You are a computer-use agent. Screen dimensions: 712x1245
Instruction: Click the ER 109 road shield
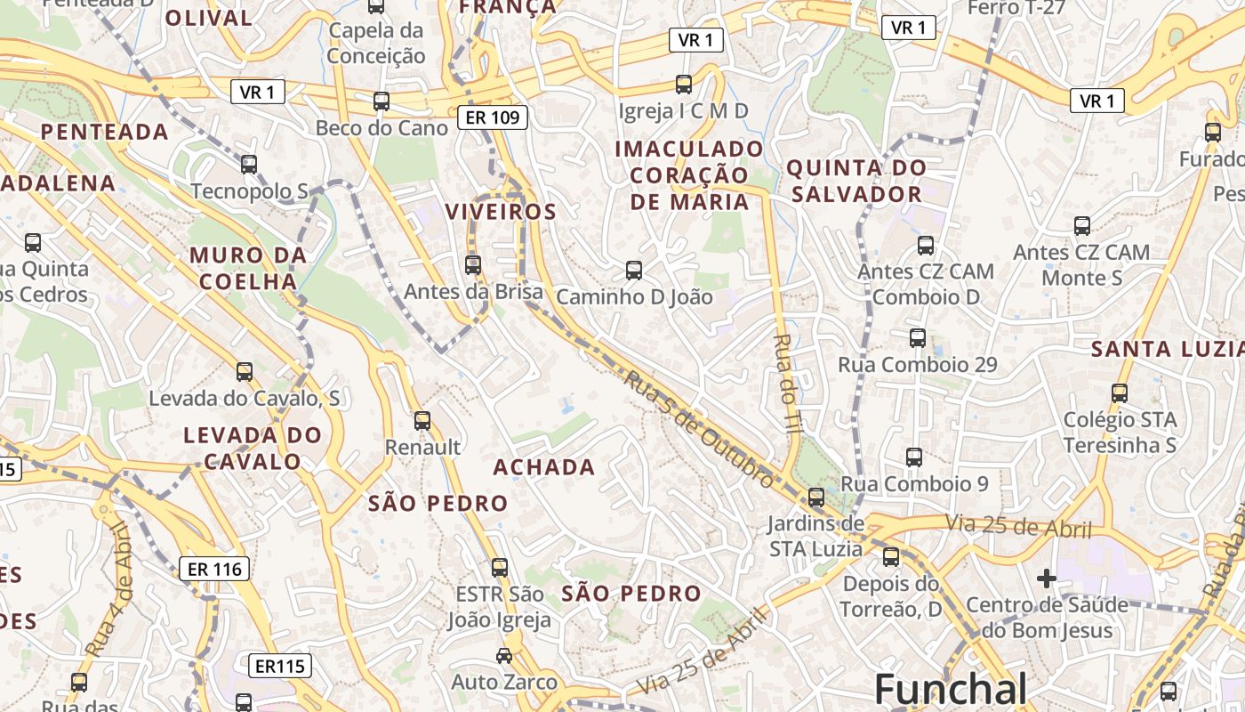494,117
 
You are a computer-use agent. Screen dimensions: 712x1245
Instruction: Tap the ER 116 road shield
214,569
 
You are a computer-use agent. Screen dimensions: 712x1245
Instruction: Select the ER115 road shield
279,666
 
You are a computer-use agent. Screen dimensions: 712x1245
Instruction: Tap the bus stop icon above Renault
422,421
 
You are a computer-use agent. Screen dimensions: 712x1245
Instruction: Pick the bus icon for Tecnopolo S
249,165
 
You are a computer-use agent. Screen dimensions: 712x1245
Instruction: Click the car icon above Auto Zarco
504,656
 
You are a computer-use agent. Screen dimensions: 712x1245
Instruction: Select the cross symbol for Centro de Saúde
1047,579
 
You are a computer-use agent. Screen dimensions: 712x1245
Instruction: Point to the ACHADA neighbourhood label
544,467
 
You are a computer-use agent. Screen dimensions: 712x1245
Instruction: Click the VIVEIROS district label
501,212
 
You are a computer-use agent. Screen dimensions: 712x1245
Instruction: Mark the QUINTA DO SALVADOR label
856,181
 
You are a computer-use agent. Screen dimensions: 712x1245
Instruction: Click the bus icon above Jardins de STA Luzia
816,498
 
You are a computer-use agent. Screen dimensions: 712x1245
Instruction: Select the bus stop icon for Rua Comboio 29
918,338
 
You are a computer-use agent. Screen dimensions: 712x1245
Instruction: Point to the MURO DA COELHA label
248,268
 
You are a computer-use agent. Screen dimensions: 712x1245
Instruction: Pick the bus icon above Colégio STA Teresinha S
1120,392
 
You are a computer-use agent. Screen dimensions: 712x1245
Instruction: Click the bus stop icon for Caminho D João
634,270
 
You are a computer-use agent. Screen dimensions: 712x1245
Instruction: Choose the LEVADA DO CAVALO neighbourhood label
253,448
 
